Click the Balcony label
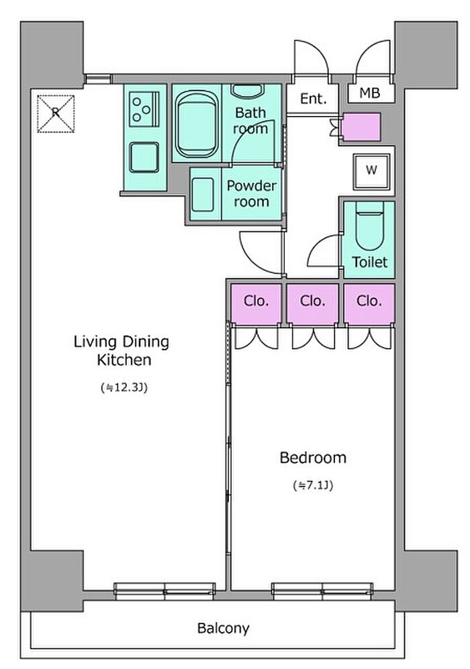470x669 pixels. pos(223,628)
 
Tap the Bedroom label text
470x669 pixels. pos(313,458)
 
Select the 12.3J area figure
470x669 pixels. pos(124,388)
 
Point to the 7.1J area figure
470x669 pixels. pos(313,486)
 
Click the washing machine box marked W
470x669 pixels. pos(371,170)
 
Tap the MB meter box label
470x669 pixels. pos(370,93)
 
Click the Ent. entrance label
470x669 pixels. pos(314,99)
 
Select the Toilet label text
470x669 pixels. pos(370,262)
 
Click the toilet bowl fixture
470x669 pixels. pos(370,226)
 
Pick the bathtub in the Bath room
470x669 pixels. pos(197,124)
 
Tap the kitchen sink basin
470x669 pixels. pos(144,158)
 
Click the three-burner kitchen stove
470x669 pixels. pos(144,109)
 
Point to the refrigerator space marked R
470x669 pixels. pos(56,113)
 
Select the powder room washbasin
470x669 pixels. pos(202,195)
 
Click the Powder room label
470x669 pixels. pos(251,194)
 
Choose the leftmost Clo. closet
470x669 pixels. pos(256,303)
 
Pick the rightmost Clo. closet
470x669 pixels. pos(369,303)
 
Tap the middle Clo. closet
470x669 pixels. pos(312,303)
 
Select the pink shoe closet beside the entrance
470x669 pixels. pos(361,127)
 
